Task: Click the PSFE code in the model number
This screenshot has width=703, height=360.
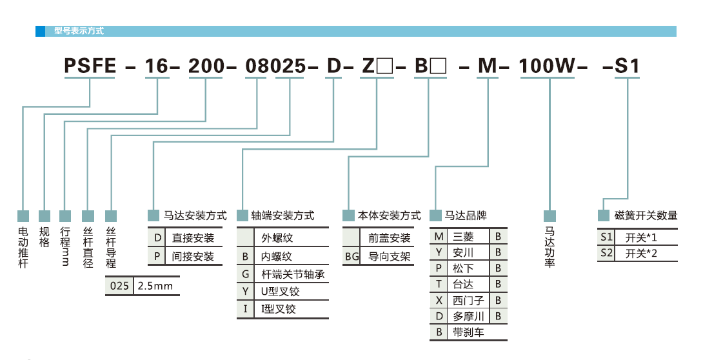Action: point(90,66)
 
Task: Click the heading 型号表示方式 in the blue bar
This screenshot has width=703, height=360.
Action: point(79,30)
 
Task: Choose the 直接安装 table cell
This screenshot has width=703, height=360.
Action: point(193,237)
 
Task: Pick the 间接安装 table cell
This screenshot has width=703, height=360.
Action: point(193,256)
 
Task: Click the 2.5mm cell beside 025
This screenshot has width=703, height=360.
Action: point(155,286)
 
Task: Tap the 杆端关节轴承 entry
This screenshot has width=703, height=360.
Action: point(292,274)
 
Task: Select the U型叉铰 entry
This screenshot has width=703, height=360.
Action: point(281,292)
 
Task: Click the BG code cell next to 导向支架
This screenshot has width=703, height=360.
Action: point(351,256)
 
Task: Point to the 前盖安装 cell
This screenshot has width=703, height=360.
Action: point(390,237)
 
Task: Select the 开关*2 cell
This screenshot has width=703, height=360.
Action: point(641,253)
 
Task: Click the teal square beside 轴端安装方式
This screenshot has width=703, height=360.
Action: point(243,215)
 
